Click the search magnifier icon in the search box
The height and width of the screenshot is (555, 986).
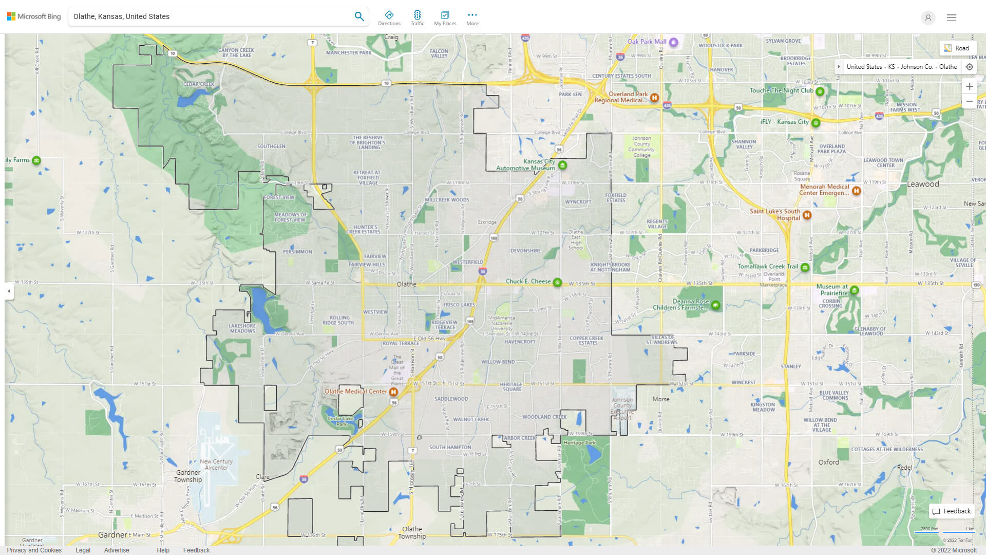point(359,16)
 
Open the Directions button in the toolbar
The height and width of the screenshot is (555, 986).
point(389,17)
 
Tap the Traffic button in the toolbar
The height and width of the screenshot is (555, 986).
point(417,17)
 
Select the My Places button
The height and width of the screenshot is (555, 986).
point(445,17)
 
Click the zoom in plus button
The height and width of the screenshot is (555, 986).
point(969,86)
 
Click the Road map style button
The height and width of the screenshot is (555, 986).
point(957,48)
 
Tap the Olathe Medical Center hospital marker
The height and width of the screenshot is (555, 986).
point(393,392)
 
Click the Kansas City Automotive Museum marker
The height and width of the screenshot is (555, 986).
point(562,165)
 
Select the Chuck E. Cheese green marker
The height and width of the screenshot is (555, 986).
point(557,282)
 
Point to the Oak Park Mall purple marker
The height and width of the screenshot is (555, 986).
point(674,42)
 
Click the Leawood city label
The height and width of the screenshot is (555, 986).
point(923,184)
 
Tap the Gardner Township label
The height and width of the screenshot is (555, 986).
point(188,476)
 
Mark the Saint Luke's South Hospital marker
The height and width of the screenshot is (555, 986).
point(807,215)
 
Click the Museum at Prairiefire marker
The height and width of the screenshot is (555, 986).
point(854,290)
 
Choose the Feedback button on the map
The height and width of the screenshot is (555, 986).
point(952,511)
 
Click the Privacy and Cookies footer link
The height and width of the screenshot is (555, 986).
point(34,550)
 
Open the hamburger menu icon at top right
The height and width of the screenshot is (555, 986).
point(952,17)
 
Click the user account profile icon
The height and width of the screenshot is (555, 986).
point(928,17)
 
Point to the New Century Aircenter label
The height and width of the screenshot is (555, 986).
point(216,465)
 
